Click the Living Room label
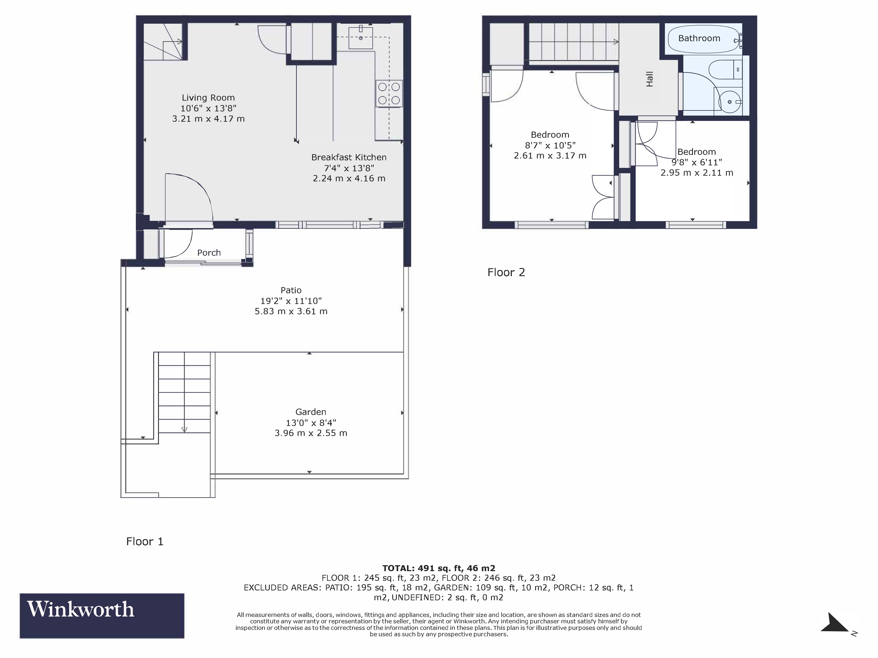coord(208,98)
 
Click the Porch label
coord(209,253)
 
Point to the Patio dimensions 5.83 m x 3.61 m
coord(291,311)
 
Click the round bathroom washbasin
coord(730,102)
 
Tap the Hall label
coord(649,79)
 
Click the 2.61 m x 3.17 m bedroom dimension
coord(550,156)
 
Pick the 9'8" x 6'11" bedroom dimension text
coord(697,162)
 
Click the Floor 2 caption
coord(506,272)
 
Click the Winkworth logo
coord(102,616)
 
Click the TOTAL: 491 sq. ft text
coord(439,568)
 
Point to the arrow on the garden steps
coord(184,429)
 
